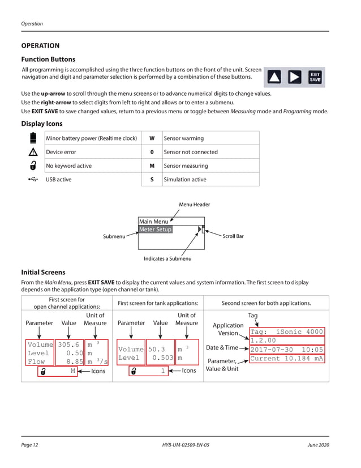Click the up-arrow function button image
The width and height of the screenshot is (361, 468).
coord(274,77)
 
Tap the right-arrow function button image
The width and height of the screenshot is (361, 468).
coord(295,77)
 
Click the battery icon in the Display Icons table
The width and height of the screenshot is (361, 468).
coord(33,138)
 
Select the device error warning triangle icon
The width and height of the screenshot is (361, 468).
coord(33,152)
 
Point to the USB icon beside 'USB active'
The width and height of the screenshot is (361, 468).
coord(33,180)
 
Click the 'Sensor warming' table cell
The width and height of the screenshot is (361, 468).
coord(183,138)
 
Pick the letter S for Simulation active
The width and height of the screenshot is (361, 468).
coord(152,180)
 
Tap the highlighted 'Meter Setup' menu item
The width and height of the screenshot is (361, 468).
coord(156,229)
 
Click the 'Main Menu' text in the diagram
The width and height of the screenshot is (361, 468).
coord(153,222)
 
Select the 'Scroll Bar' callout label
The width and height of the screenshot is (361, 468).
coord(233,236)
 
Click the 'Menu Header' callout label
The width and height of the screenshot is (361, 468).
coord(195,205)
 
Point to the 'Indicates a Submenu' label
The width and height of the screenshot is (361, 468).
coord(167,259)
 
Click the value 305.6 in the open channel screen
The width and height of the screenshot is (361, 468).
coord(68,344)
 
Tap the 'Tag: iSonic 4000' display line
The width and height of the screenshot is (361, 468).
coord(286,332)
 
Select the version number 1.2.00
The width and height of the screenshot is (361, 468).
coord(263,341)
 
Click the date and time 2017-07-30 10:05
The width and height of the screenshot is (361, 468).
coord(286,350)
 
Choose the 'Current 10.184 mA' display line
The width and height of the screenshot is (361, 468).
coord(286,359)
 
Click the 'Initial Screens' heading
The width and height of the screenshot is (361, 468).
coord(43,272)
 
